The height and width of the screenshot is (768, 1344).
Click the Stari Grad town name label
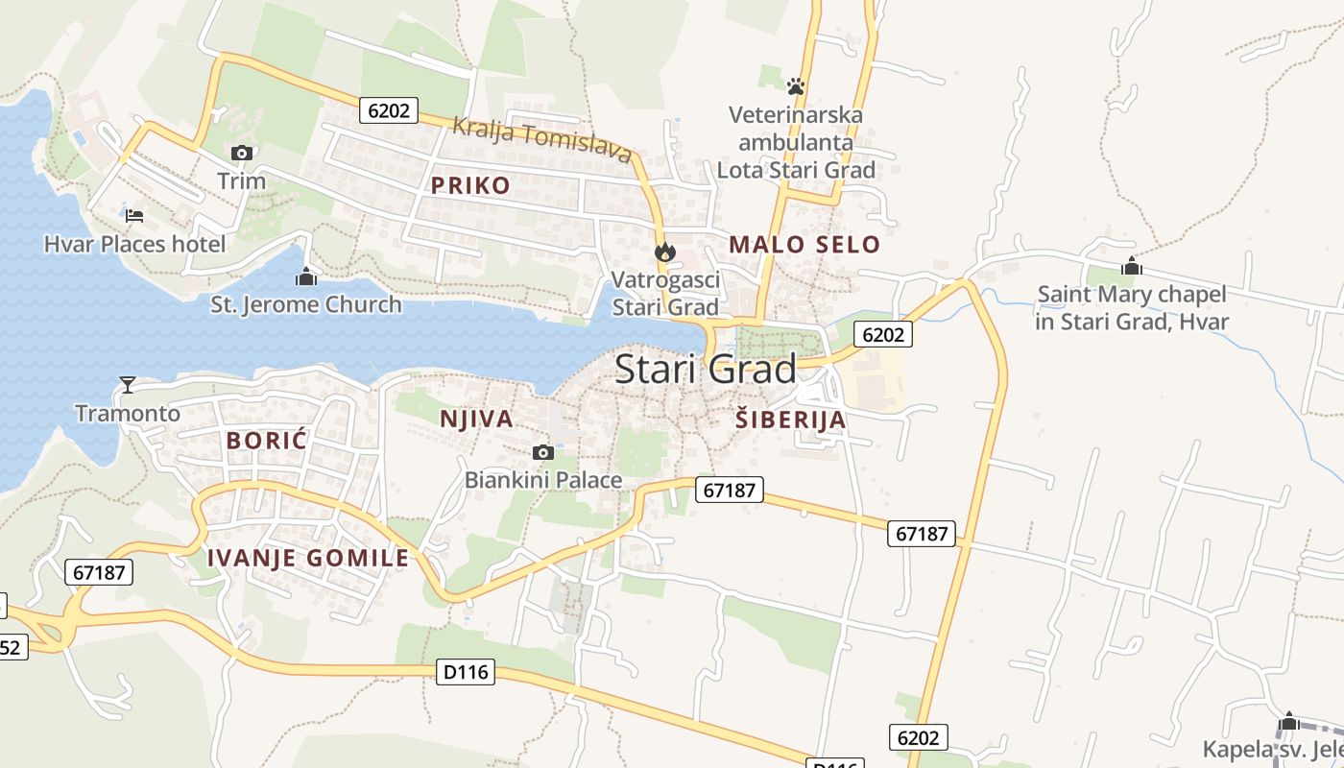coord(705,370)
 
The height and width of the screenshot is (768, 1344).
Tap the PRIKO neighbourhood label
coord(470,185)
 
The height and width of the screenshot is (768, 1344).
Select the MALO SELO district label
coord(804,244)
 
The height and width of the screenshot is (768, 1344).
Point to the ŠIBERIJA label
coord(791,420)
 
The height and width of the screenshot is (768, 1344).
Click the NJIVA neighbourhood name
coord(476,420)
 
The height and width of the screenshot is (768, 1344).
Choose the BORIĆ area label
coord(266,442)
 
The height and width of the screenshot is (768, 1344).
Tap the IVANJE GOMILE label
coord(308,558)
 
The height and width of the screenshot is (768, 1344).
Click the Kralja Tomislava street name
coord(542,139)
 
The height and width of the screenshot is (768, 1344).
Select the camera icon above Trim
coord(241,153)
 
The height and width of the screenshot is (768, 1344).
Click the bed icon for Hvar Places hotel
coord(134,215)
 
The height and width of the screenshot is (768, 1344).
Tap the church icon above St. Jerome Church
coord(306,277)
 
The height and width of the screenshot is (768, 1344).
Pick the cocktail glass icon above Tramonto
coord(127,385)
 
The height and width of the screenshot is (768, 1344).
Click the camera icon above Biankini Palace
coord(542,452)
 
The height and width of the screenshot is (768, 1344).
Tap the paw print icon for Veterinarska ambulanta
coord(795,86)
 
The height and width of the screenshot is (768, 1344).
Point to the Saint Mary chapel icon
coord(1132,266)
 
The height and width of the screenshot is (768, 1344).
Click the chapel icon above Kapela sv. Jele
coord(1289,721)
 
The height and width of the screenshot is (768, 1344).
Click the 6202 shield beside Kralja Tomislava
coord(389,110)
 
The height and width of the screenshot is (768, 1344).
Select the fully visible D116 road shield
coord(467,673)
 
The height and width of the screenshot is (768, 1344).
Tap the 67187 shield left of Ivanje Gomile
coord(99,572)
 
